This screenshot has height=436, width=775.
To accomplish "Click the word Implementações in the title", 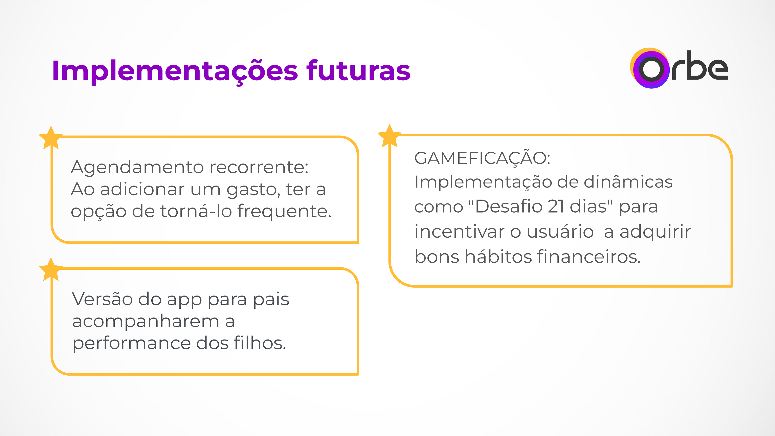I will [x=175, y=71].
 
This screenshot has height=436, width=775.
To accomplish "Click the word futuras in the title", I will [x=358, y=71].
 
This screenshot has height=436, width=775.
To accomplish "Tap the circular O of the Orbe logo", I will [x=651, y=69].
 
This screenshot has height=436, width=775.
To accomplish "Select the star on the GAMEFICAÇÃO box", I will [x=389, y=136].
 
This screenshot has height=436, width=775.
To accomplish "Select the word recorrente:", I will [x=259, y=167].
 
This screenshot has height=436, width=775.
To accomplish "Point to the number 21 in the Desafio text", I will [x=556, y=207].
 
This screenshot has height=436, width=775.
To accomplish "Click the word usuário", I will [x=560, y=232].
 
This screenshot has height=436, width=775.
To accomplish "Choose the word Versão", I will [x=102, y=299].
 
